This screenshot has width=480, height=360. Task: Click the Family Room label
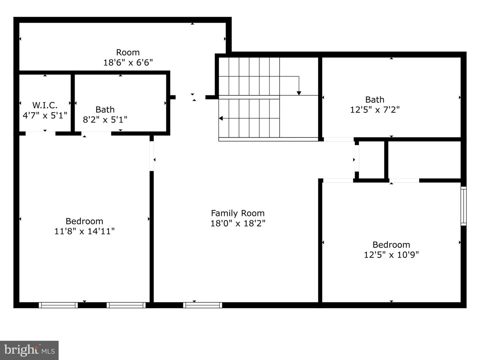[238, 213]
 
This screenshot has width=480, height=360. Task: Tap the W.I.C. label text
[45, 105]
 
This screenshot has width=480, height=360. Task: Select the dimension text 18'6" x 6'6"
[128, 62]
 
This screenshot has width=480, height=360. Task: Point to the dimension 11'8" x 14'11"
[84, 231]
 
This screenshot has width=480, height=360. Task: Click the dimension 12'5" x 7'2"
[375, 110]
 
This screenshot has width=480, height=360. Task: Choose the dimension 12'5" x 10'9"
[391, 255]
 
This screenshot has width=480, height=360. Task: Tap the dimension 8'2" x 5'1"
[105, 119]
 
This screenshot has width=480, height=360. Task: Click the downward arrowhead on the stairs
[299, 93]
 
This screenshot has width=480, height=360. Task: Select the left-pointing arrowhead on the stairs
[221, 118]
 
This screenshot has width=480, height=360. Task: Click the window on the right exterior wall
[463, 206]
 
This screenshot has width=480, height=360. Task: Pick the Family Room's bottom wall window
[202, 305]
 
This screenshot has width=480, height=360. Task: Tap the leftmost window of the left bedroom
[58, 305]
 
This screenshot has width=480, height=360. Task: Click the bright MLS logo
[29, 350]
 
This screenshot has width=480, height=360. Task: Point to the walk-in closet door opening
[40, 133]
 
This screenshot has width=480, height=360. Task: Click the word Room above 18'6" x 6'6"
[128, 52]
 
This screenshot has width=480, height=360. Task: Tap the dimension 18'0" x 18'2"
[238, 223]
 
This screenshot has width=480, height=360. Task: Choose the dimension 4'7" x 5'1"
[45, 115]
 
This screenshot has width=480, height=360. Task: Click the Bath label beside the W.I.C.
[105, 109]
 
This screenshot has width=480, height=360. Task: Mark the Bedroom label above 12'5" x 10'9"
[391, 245]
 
